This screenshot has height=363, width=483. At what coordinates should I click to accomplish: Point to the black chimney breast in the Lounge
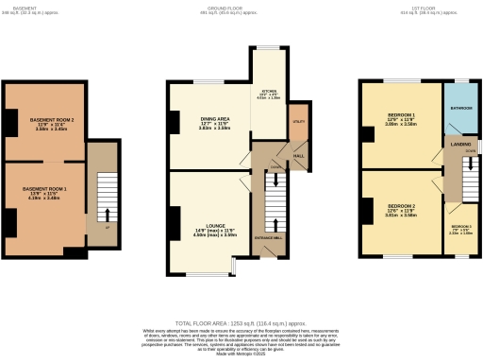(175, 223)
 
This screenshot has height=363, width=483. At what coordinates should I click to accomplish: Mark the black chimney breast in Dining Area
(175, 122)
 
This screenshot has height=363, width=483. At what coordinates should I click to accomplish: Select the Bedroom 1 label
(400, 119)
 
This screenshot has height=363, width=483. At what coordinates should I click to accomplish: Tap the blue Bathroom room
(461, 109)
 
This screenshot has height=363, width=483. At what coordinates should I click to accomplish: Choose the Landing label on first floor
(461, 144)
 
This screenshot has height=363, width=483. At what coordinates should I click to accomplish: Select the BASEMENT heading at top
(25, 9)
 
